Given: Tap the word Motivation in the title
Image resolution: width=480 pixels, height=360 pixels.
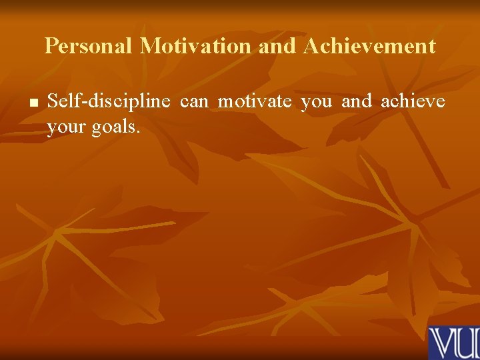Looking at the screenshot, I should (x=196, y=47).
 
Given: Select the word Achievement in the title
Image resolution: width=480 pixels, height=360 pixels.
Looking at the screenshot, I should (x=370, y=47).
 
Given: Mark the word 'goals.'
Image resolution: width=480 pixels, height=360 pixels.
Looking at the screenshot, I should (x=116, y=127).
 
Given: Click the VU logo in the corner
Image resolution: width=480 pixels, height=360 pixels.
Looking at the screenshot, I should (x=454, y=343).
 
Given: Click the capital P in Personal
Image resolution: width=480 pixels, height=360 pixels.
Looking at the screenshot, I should (x=51, y=47).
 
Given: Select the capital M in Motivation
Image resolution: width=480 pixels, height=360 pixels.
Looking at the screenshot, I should (x=150, y=47).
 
